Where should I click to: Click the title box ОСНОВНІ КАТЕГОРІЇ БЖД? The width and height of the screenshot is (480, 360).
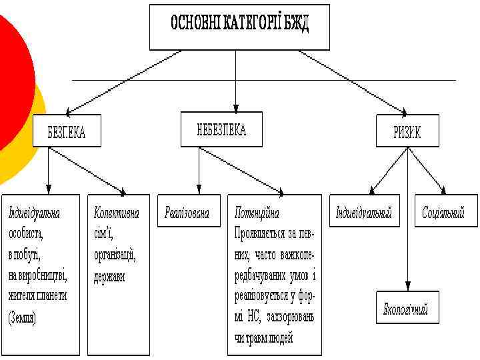[239, 27]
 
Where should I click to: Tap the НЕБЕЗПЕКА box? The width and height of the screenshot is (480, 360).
[221, 129]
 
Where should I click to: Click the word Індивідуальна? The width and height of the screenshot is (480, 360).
[34, 213]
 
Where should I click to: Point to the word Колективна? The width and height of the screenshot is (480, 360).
[117, 213]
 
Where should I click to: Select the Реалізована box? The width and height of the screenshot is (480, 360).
[187, 213]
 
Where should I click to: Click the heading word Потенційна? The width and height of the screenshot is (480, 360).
[257, 213]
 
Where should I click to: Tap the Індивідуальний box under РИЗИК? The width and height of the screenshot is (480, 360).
[363, 213]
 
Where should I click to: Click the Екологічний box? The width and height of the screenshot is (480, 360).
[406, 309]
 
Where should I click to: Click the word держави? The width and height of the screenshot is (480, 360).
[109, 275]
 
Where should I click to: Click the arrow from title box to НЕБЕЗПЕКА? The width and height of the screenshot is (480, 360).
[236, 80]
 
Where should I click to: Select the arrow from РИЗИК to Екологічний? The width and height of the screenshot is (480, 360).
[408, 220]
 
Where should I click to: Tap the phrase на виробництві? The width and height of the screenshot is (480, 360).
[38, 275]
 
